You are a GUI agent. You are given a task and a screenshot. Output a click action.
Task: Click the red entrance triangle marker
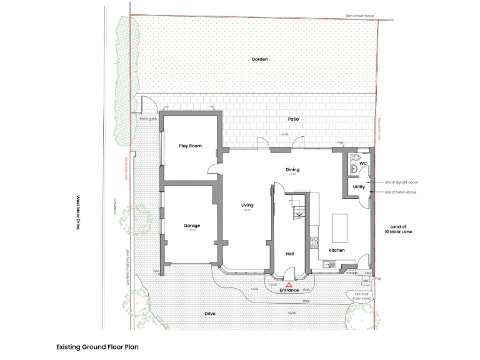(x=289, y=284)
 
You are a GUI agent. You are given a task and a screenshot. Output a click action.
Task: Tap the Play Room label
(x=190, y=146)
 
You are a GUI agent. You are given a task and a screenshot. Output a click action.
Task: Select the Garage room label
(x=192, y=226)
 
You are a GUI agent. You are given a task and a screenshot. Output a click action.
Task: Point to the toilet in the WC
(x=356, y=158)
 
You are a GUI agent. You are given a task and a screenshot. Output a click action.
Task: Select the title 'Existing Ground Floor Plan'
(x=97, y=346)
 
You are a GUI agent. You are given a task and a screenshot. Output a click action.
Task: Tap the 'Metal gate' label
(x=147, y=117)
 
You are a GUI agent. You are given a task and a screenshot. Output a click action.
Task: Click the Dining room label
(x=292, y=169)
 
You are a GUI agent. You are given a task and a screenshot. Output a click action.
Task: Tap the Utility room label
(x=358, y=187)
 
